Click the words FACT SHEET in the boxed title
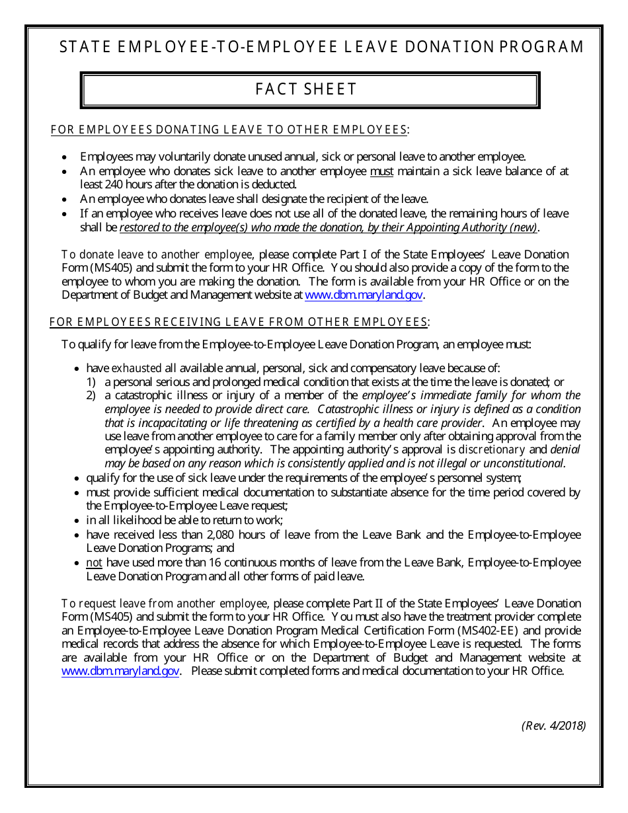tap(306, 89)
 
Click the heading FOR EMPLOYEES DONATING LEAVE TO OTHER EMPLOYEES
tap(229, 130)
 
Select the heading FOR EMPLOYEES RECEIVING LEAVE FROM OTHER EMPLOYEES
tap(239, 322)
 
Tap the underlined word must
tap(381, 171)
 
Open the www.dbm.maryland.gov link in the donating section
tap(364, 295)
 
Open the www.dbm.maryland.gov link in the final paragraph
tap(120, 671)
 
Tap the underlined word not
tap(95, 562)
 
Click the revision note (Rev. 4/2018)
tap(553, 725)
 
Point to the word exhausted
tap(136, 368)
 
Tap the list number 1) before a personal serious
tap(92, 382)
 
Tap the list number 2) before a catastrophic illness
tap(92, 395)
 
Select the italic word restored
tap(140, 227)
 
